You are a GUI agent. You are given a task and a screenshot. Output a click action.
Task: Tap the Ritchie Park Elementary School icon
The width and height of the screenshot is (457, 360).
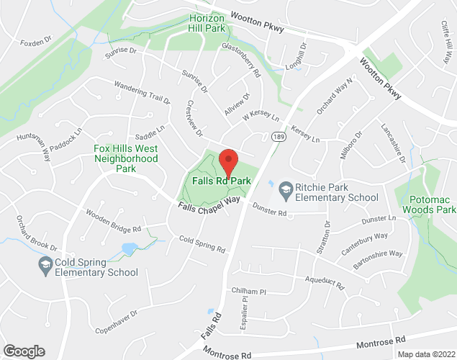click(x=285, y=189)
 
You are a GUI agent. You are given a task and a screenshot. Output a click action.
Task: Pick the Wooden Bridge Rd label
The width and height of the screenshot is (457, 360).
click(x=113, y=220)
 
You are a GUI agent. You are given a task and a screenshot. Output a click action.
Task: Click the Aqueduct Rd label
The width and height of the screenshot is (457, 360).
click(x=325, y=283)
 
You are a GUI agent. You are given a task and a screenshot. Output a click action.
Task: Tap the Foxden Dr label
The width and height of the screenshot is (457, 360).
click(x=37, y=42)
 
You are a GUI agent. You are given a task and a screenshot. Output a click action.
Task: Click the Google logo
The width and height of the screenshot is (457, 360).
click(x=23, y=351)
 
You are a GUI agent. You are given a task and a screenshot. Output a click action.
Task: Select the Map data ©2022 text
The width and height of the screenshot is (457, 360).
click(x=427, y=354)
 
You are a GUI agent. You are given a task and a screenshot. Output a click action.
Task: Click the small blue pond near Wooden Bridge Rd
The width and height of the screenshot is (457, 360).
click(x=130, y=250)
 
